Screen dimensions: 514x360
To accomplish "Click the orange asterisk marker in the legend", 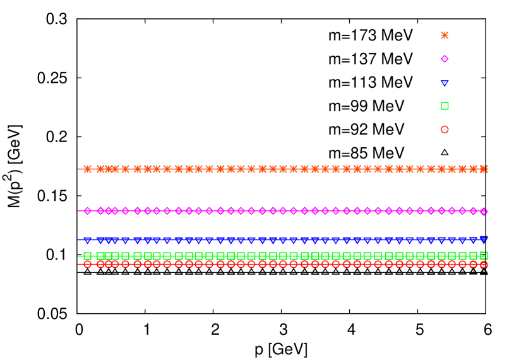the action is [x=445, y=35].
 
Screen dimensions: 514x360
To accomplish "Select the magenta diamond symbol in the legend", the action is [x=445, y=59].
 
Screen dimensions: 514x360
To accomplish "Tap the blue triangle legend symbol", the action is [x=445, y=83].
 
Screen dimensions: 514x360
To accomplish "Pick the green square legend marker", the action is [x=445, y=106].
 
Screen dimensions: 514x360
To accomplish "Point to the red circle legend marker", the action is [x=445, y=129].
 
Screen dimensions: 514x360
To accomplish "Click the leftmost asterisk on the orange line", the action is [x=87, y=169].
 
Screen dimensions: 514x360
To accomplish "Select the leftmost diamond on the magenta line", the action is [x=87, y=210].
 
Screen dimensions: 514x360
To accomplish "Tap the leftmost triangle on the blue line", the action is [x=87, y=240].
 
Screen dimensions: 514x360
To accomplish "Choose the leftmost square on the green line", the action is [x=87, y=256].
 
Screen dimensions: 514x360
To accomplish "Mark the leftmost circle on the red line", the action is [x=87, y=264].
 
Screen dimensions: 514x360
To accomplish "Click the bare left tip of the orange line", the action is [x=78, y=169].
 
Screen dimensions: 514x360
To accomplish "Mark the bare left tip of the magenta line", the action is [x=78, y=210].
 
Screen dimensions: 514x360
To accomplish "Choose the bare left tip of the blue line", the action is [x=78, y=239].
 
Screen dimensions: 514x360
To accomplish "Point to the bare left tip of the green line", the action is [x=78, y=256].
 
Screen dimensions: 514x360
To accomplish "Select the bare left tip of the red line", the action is [x=78, y=264].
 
